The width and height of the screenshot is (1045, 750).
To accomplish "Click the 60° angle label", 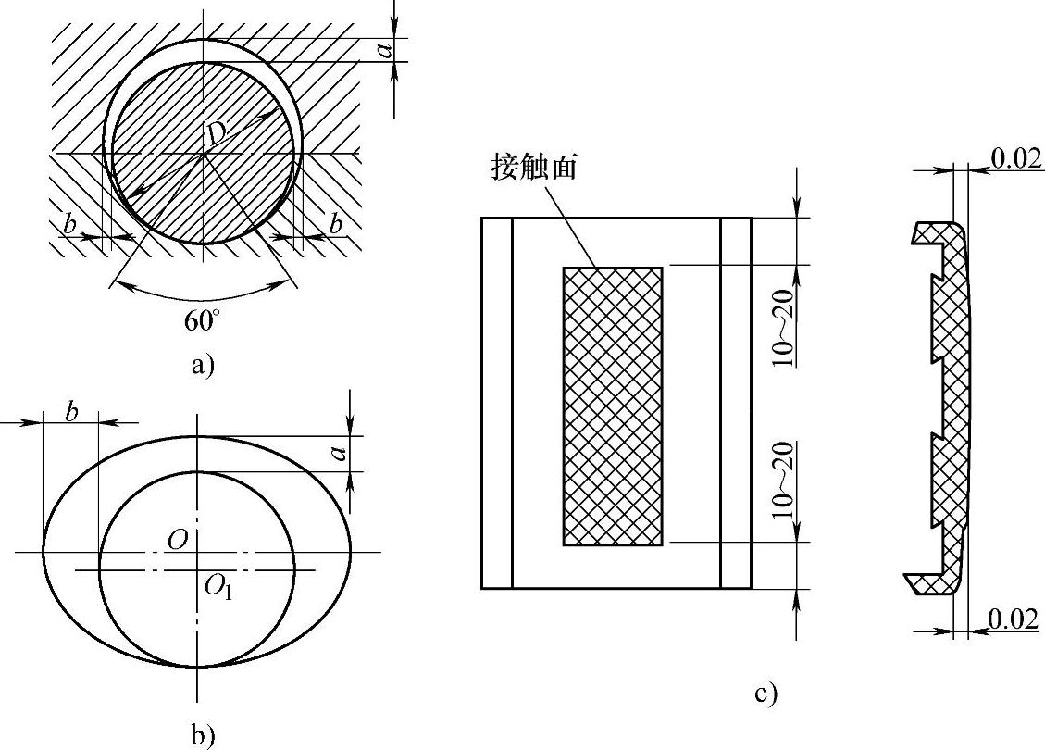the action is click(203, 321).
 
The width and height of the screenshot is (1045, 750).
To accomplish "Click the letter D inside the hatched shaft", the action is click(216, 134).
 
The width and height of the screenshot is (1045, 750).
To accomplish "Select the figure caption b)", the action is click(202, 735).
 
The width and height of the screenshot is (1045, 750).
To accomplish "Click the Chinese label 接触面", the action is click(530, 170).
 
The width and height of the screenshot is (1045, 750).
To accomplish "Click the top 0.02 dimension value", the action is click(1014, 158).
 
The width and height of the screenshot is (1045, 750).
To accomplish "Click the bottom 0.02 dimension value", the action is click(1014, 619).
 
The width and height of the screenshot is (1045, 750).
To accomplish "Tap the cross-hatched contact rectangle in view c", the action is click(612, 406).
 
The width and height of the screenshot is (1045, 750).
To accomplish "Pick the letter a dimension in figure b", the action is click(339, 453).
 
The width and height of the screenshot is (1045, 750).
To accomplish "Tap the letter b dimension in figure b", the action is click(71, 412).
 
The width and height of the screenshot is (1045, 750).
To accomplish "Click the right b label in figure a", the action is click(335, 224).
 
